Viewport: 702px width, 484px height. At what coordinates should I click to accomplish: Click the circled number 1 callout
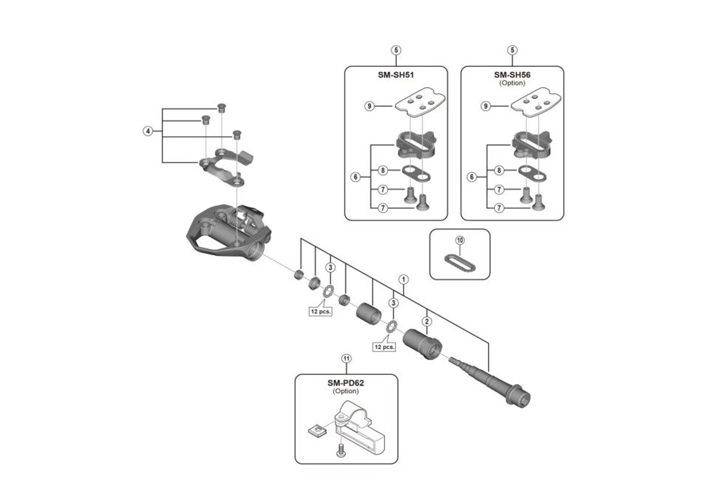tap(403, 279)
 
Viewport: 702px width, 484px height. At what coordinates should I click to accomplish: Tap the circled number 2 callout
tap(427, 321)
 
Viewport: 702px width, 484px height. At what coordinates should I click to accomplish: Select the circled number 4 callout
tap(148, 131)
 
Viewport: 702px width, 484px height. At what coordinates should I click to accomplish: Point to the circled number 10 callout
tap(460, 240)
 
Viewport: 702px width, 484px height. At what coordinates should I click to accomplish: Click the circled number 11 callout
tap(346, 358)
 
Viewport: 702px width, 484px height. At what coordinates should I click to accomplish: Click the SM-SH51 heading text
tap(395, 75)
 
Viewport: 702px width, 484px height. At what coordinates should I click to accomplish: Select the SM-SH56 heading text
tap(512, 75)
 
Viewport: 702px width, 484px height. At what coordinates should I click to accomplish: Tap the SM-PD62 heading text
tap(346, 383)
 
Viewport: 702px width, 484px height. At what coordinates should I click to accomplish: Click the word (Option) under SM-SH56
tap(512, 83)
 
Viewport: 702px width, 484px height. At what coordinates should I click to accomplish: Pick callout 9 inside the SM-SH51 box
tap(370, 106)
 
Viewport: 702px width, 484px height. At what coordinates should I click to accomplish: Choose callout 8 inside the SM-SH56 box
tap(499, 171)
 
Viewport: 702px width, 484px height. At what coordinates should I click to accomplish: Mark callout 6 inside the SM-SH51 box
tap(356, 177)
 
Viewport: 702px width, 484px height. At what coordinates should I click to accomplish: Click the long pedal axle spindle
tap(488, 379)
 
